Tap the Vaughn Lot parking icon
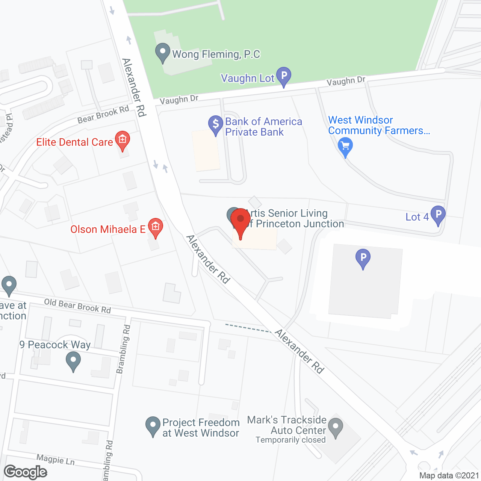tap(284, 76)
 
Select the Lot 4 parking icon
tap(438, 215)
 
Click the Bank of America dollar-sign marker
tap(216, 124)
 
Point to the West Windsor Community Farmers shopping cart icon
tap(345, 147)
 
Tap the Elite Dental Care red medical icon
tap(123, 140)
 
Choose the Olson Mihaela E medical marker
tap(155, 227)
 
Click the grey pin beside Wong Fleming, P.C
tap(163, 52)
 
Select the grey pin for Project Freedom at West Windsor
tap(153, 426)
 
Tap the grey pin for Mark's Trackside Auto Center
tap(336, 428)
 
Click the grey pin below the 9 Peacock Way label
tap(73, 362)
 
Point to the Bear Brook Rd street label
tap(103, 115)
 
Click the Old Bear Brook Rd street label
tap(77, 306)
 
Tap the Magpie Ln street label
tap(56, 459)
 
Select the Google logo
tap(26, 472)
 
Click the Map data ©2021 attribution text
tap(449, 475)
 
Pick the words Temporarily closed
tap(290, 440)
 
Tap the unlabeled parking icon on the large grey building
tap(363, 259)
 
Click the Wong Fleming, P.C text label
tap(216, 54)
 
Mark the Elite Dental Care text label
tap(74, 142)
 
